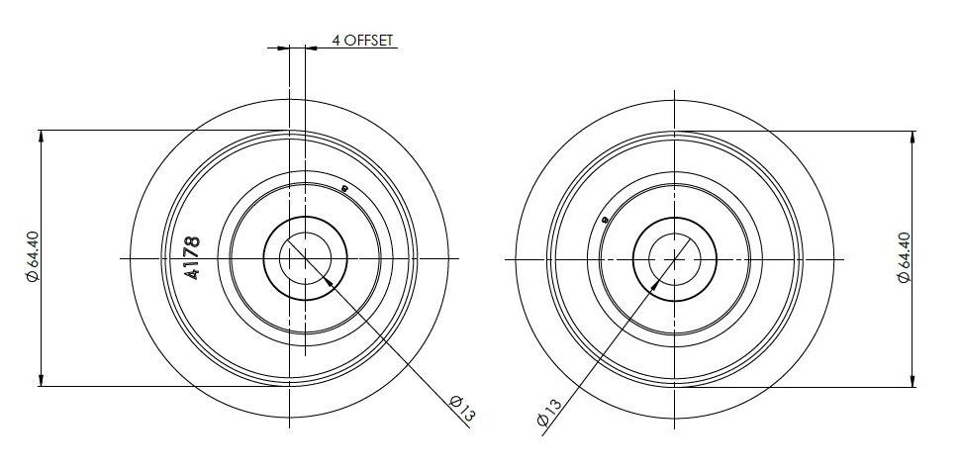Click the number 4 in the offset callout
(x=336, y=41)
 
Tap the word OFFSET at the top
(x=370, y=41)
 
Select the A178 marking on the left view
(x=194, y=258)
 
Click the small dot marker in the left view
(x=343, y=187)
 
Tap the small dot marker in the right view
(x=603, y=220)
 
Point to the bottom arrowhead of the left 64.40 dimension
(x=41, y=380)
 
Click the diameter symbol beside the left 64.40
(x=33, y=277)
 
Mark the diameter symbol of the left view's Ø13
(x=456, y=401)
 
